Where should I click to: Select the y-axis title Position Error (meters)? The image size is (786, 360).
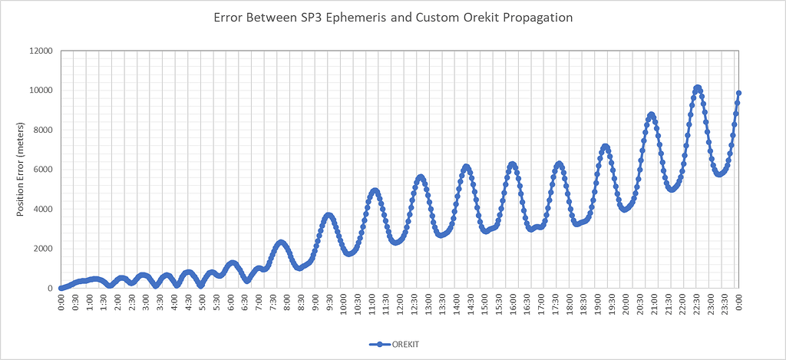[x=21, y=170]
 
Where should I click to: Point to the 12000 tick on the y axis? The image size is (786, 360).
[x=39, y=51]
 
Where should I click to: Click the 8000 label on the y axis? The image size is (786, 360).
[x=41, y=130]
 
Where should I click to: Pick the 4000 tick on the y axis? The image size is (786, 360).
[x=41, y=210]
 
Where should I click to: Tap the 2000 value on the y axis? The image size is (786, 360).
[x=41, y=249]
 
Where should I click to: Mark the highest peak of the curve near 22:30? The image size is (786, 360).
[x=697, y=88]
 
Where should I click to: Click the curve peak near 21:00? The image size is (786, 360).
[x=651, y=115]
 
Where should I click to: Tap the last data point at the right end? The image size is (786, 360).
[x=738, y=94]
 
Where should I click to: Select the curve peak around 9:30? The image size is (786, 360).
[x=329, y=216]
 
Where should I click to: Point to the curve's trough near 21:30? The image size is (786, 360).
[x=672, y=189]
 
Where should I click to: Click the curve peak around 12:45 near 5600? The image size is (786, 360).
[x=420, y=177]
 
